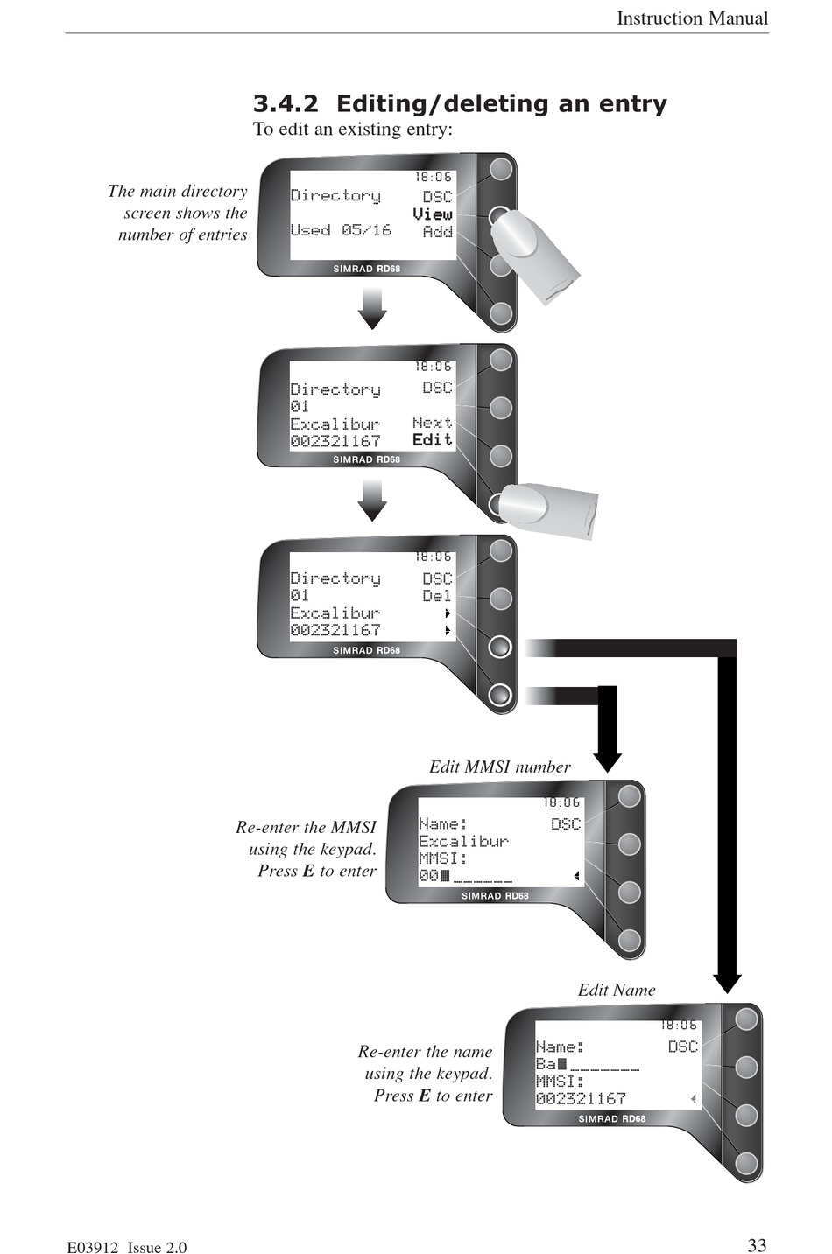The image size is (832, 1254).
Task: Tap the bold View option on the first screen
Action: (432, 214)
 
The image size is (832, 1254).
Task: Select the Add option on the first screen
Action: (437, 231)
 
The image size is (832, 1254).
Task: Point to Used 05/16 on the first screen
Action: (341, 230)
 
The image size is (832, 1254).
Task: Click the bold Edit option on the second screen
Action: (432, 439)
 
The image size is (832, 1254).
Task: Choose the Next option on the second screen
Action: (432, 422)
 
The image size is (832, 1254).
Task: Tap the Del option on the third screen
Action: (437, 596)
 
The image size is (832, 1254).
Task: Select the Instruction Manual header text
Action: (692, 18)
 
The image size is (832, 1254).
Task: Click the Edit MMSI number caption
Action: (500, 767)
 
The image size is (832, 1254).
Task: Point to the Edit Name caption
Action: (617, 991)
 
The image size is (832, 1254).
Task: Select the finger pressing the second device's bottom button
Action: (546, 509)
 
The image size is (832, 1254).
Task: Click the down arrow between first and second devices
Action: (372, 308)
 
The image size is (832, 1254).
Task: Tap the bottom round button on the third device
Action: (500, 695)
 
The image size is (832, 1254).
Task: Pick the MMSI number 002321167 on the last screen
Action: (581, 1098)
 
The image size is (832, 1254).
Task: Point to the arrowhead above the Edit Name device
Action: (727, 984)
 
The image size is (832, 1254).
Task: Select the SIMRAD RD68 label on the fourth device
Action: (495, 896)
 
